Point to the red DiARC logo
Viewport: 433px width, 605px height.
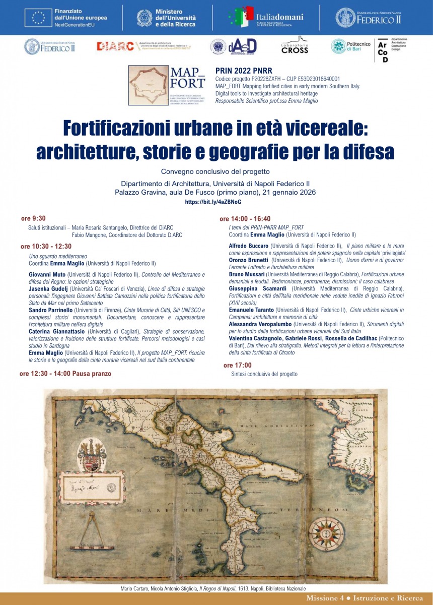(115, 46)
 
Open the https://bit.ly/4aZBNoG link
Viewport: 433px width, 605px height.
(213, 202)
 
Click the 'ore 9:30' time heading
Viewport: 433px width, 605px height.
(33, 218)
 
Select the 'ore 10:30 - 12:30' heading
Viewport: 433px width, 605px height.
(46, 247)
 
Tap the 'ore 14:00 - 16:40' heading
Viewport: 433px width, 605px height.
(245, 219)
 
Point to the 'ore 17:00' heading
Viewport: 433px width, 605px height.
(237, 365)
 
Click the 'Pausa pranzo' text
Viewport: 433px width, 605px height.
(92, 374)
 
